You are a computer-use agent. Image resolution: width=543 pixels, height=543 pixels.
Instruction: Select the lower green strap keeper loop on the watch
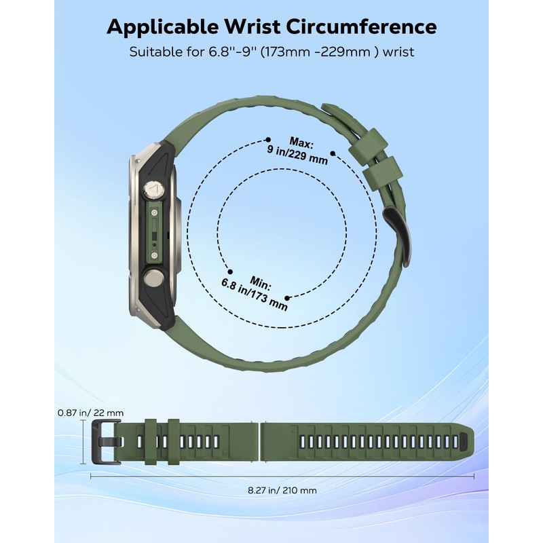click(380, 175)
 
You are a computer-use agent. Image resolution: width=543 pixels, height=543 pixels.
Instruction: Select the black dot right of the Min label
click(288, 297)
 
